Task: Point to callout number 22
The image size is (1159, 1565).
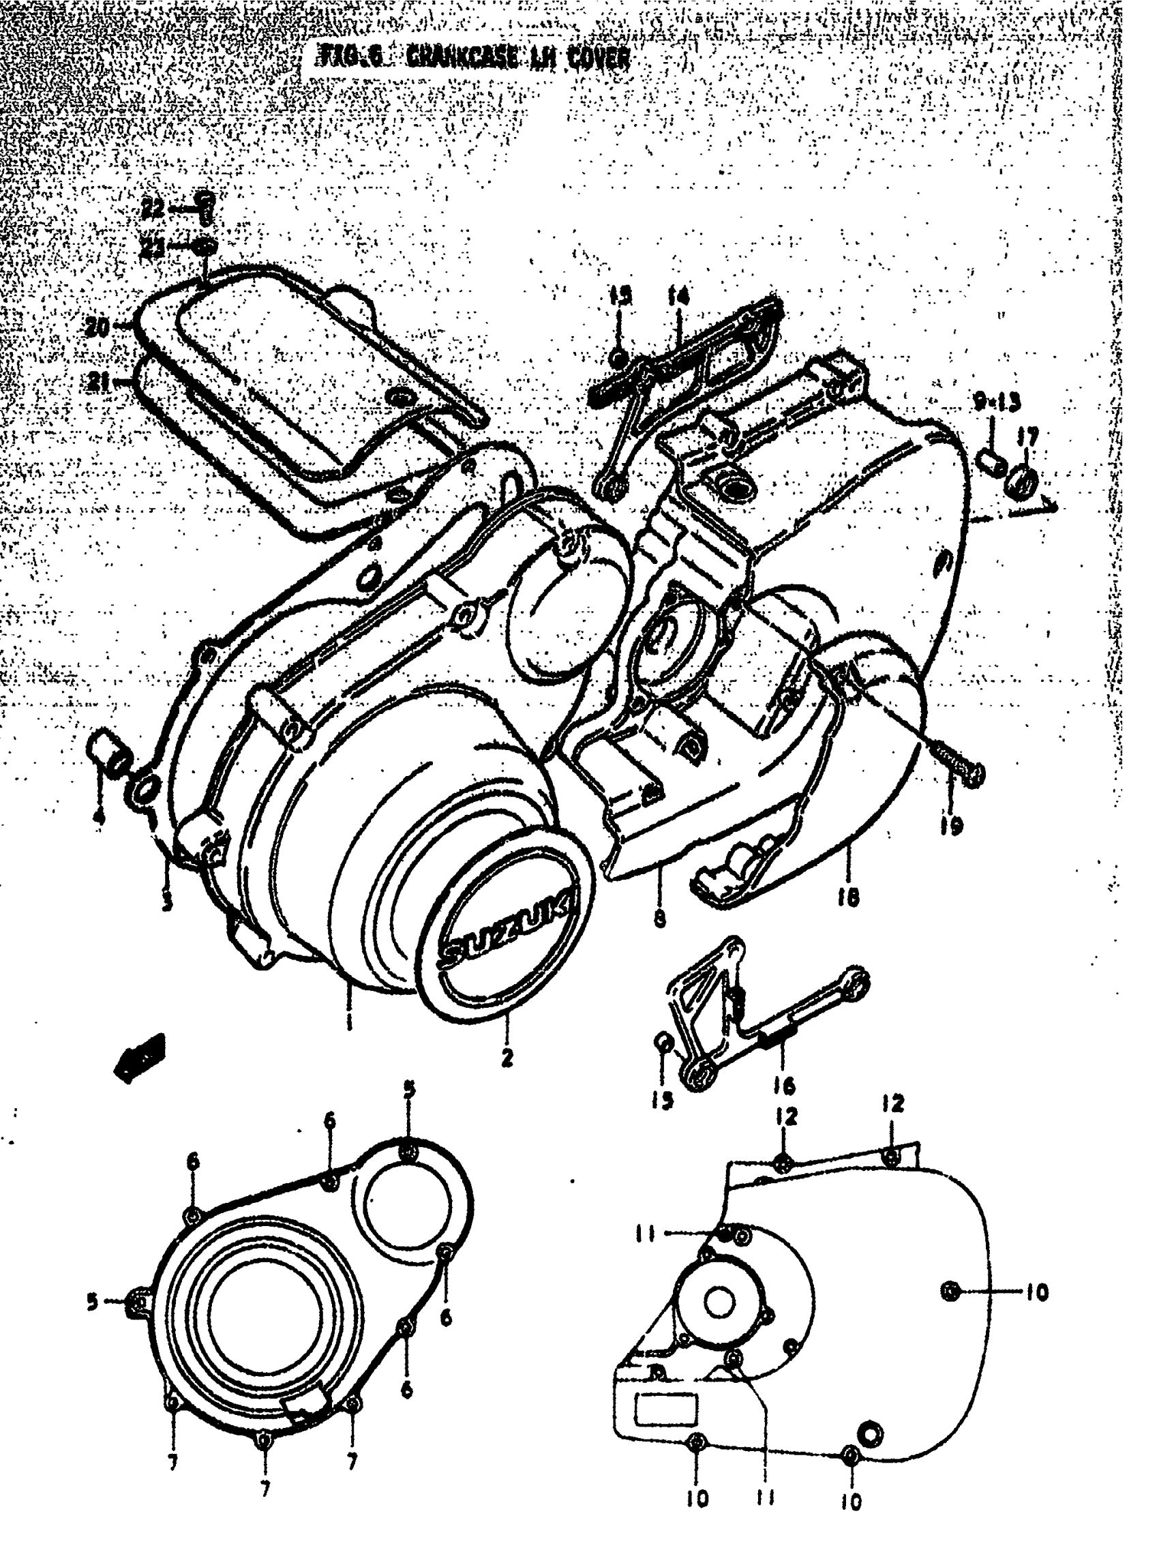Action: coord(153,208)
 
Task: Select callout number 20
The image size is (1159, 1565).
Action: coord(99,327)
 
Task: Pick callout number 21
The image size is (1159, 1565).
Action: coord(100,383)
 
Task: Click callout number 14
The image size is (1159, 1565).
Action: coord(677,297)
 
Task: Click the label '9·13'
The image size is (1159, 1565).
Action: coord(996,402)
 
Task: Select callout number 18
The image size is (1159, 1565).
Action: coord(847,896)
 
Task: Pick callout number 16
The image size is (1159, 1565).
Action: coord(783,1086)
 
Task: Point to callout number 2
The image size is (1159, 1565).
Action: coord(507,1058)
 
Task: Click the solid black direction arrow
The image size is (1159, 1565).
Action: coord(140,1057)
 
